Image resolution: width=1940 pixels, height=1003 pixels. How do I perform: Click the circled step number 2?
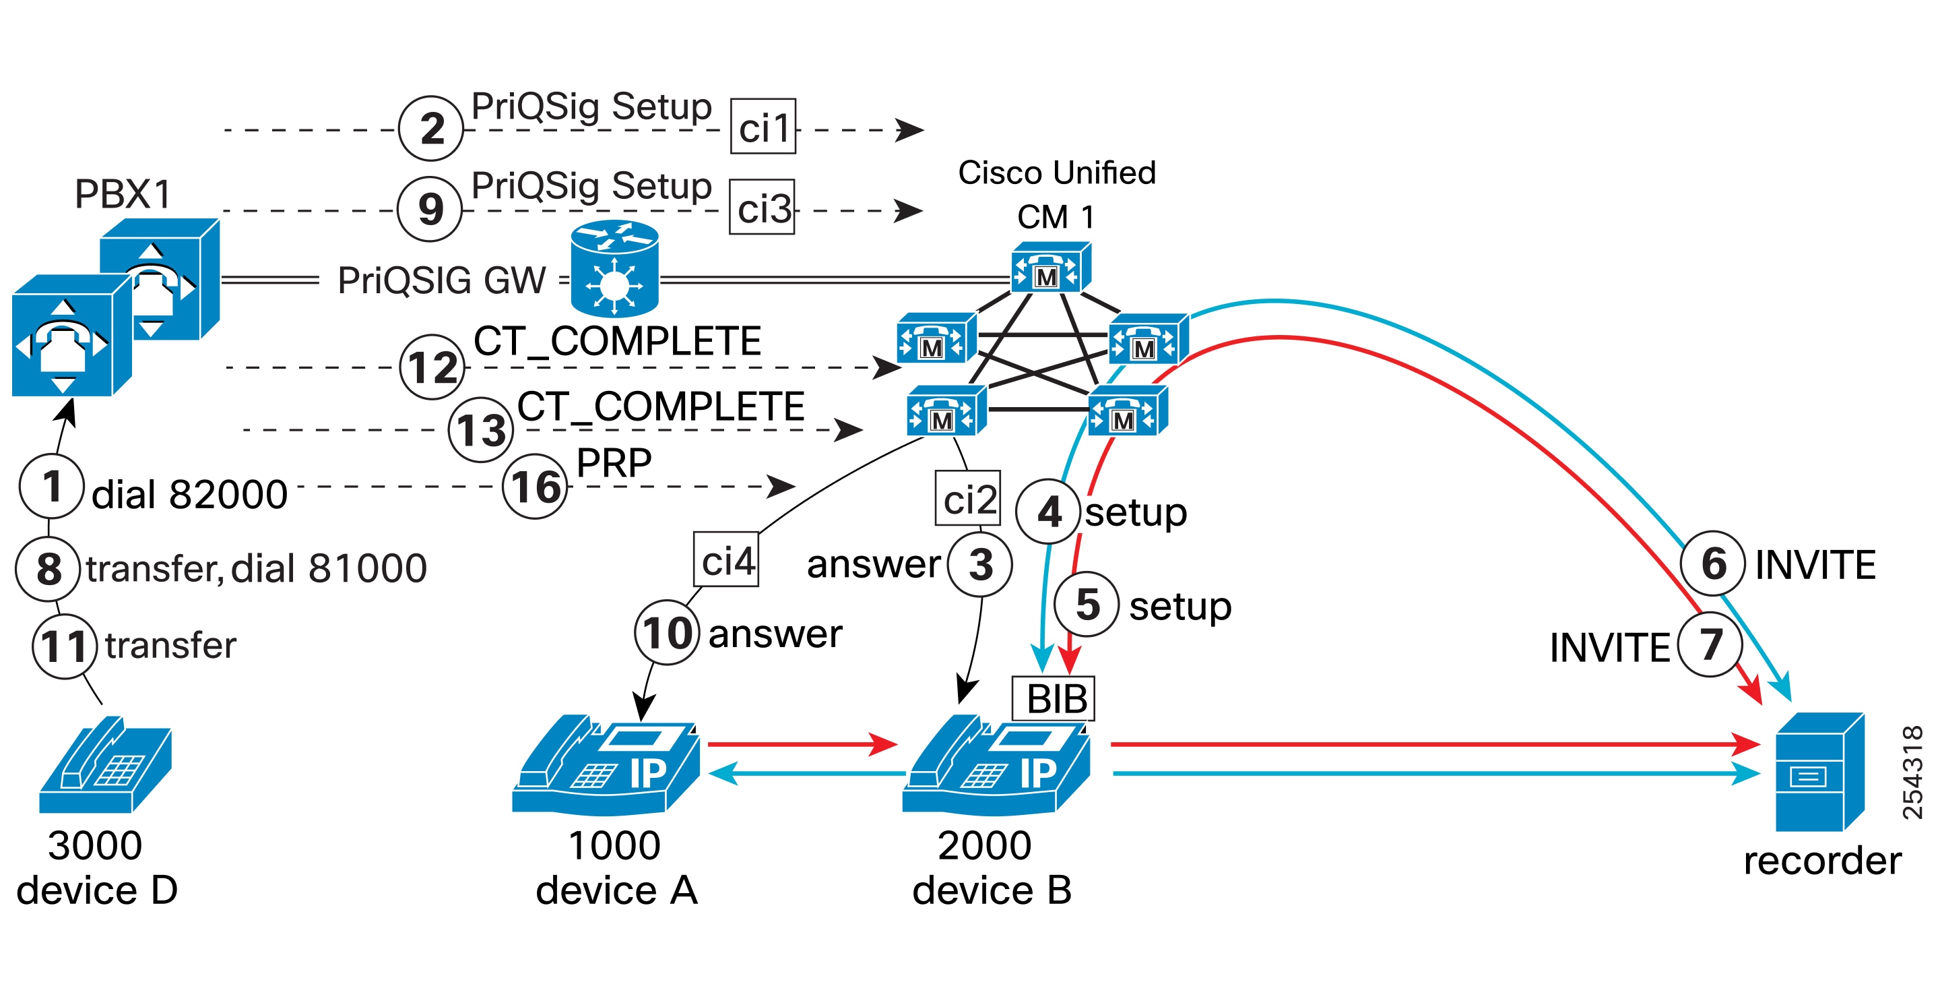[431, 128]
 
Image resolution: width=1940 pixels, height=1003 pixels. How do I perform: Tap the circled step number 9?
[430, 209]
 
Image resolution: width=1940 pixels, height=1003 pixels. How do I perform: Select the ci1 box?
[763, 127]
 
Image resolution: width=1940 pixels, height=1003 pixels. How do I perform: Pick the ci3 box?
[762, 207]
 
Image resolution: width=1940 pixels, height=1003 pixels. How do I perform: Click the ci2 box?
[968, 498]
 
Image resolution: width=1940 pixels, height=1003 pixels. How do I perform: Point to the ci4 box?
[726, 559]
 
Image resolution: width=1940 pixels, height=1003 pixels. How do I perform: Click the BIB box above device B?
[1053, 698]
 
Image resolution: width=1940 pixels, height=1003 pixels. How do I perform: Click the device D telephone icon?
[106, 765]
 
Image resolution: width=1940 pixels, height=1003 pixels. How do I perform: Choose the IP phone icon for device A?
[606, 765]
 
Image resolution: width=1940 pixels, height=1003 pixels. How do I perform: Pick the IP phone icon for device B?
[996, 765]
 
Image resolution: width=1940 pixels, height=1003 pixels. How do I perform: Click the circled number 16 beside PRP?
[535, 487]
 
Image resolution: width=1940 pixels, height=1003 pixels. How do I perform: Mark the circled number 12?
[432, 367]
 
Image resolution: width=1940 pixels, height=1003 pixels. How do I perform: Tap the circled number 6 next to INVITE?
[1712, 563]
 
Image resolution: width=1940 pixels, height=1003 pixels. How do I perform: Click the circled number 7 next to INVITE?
[1710, 644]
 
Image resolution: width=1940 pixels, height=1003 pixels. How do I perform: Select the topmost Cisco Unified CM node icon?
[1051, 268]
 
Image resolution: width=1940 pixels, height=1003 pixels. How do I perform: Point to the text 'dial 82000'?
[190, 494]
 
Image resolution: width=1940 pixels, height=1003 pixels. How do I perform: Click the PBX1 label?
[123, 193]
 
